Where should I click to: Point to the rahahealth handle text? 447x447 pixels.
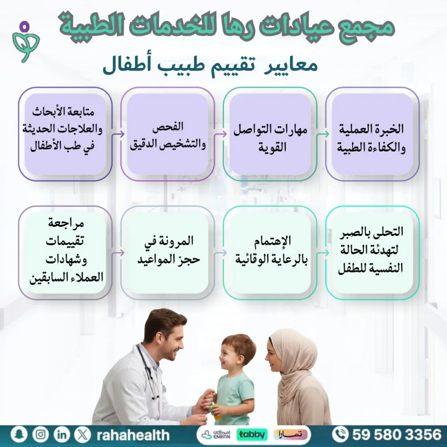pos(133,434)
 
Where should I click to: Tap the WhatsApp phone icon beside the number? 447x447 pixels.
pos(341,434)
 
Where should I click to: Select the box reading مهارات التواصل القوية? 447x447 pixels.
pos(270,134)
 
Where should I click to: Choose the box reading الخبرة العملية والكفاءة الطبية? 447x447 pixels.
pos(372,134)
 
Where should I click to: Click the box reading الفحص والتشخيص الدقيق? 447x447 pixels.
pos(168,134)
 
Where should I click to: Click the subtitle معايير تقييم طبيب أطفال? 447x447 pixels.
pos(210,67)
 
